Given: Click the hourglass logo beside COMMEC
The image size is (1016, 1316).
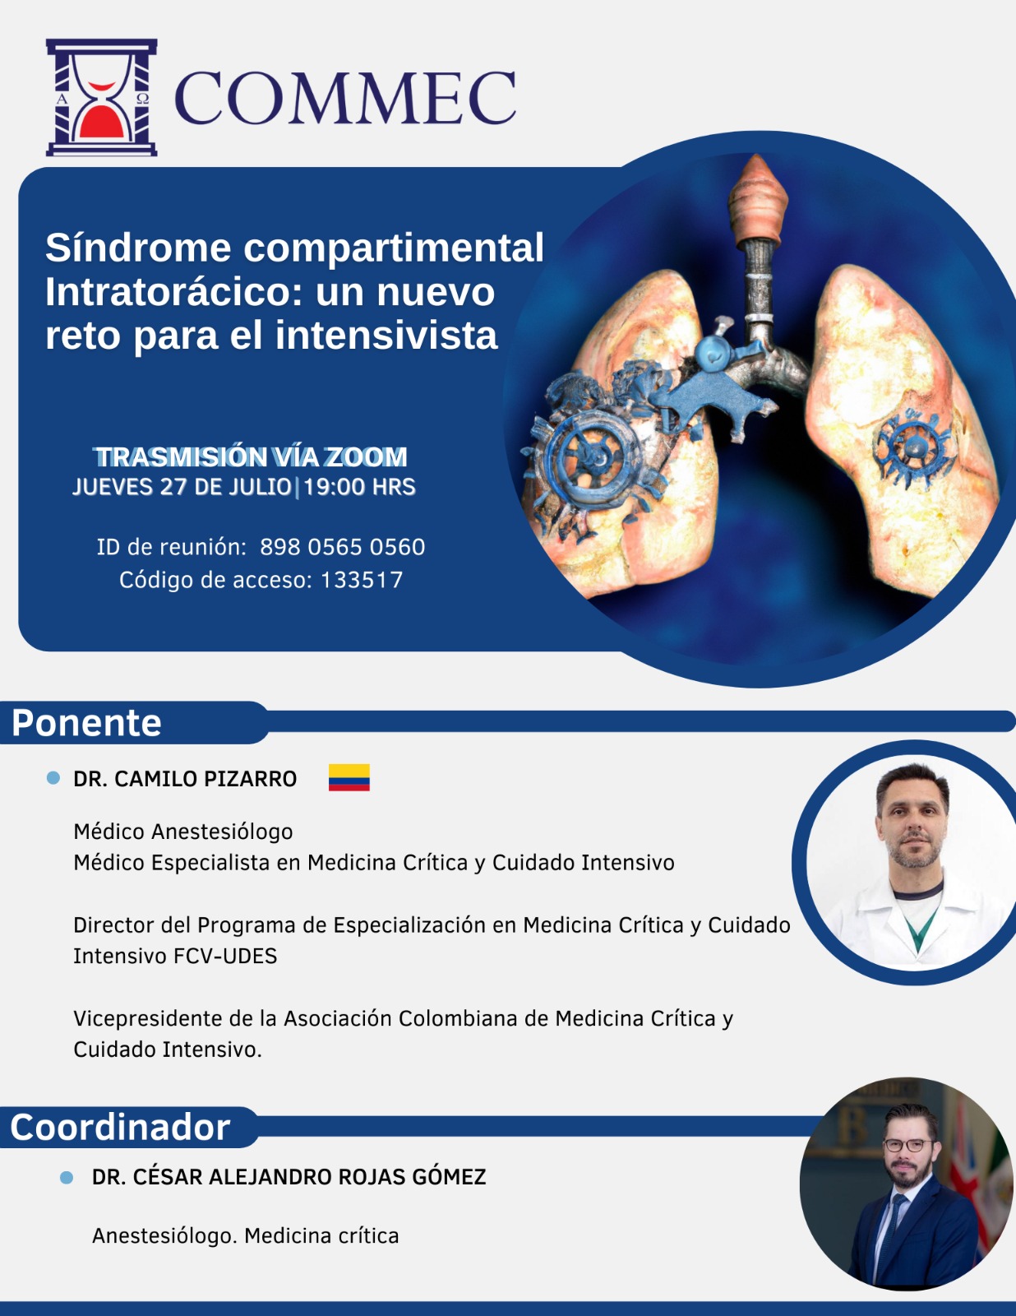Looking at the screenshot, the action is (x=102, y=98).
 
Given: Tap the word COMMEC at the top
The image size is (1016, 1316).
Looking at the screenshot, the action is (x=345, y=98).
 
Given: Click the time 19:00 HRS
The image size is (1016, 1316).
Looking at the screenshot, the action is (x=359, y=487).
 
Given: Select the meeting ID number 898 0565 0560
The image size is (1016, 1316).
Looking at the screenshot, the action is (x=343, y=547).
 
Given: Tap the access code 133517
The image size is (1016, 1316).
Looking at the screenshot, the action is (x=361, y=580).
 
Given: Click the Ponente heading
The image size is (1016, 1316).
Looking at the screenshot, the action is (x=86, y=722).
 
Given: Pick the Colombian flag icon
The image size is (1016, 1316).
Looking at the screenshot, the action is (x=349, y=777).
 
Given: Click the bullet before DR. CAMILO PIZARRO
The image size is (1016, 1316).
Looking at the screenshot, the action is (x=53, y=778).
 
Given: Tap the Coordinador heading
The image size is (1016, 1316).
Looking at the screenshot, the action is (x=120, y=1128).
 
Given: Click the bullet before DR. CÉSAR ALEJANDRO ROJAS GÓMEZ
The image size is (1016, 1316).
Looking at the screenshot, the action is (x=67, y=1177).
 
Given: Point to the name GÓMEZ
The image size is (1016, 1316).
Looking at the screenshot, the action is (x=449, y=1177).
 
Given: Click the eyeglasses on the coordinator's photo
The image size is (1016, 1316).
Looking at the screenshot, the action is (x=907, y=1145).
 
